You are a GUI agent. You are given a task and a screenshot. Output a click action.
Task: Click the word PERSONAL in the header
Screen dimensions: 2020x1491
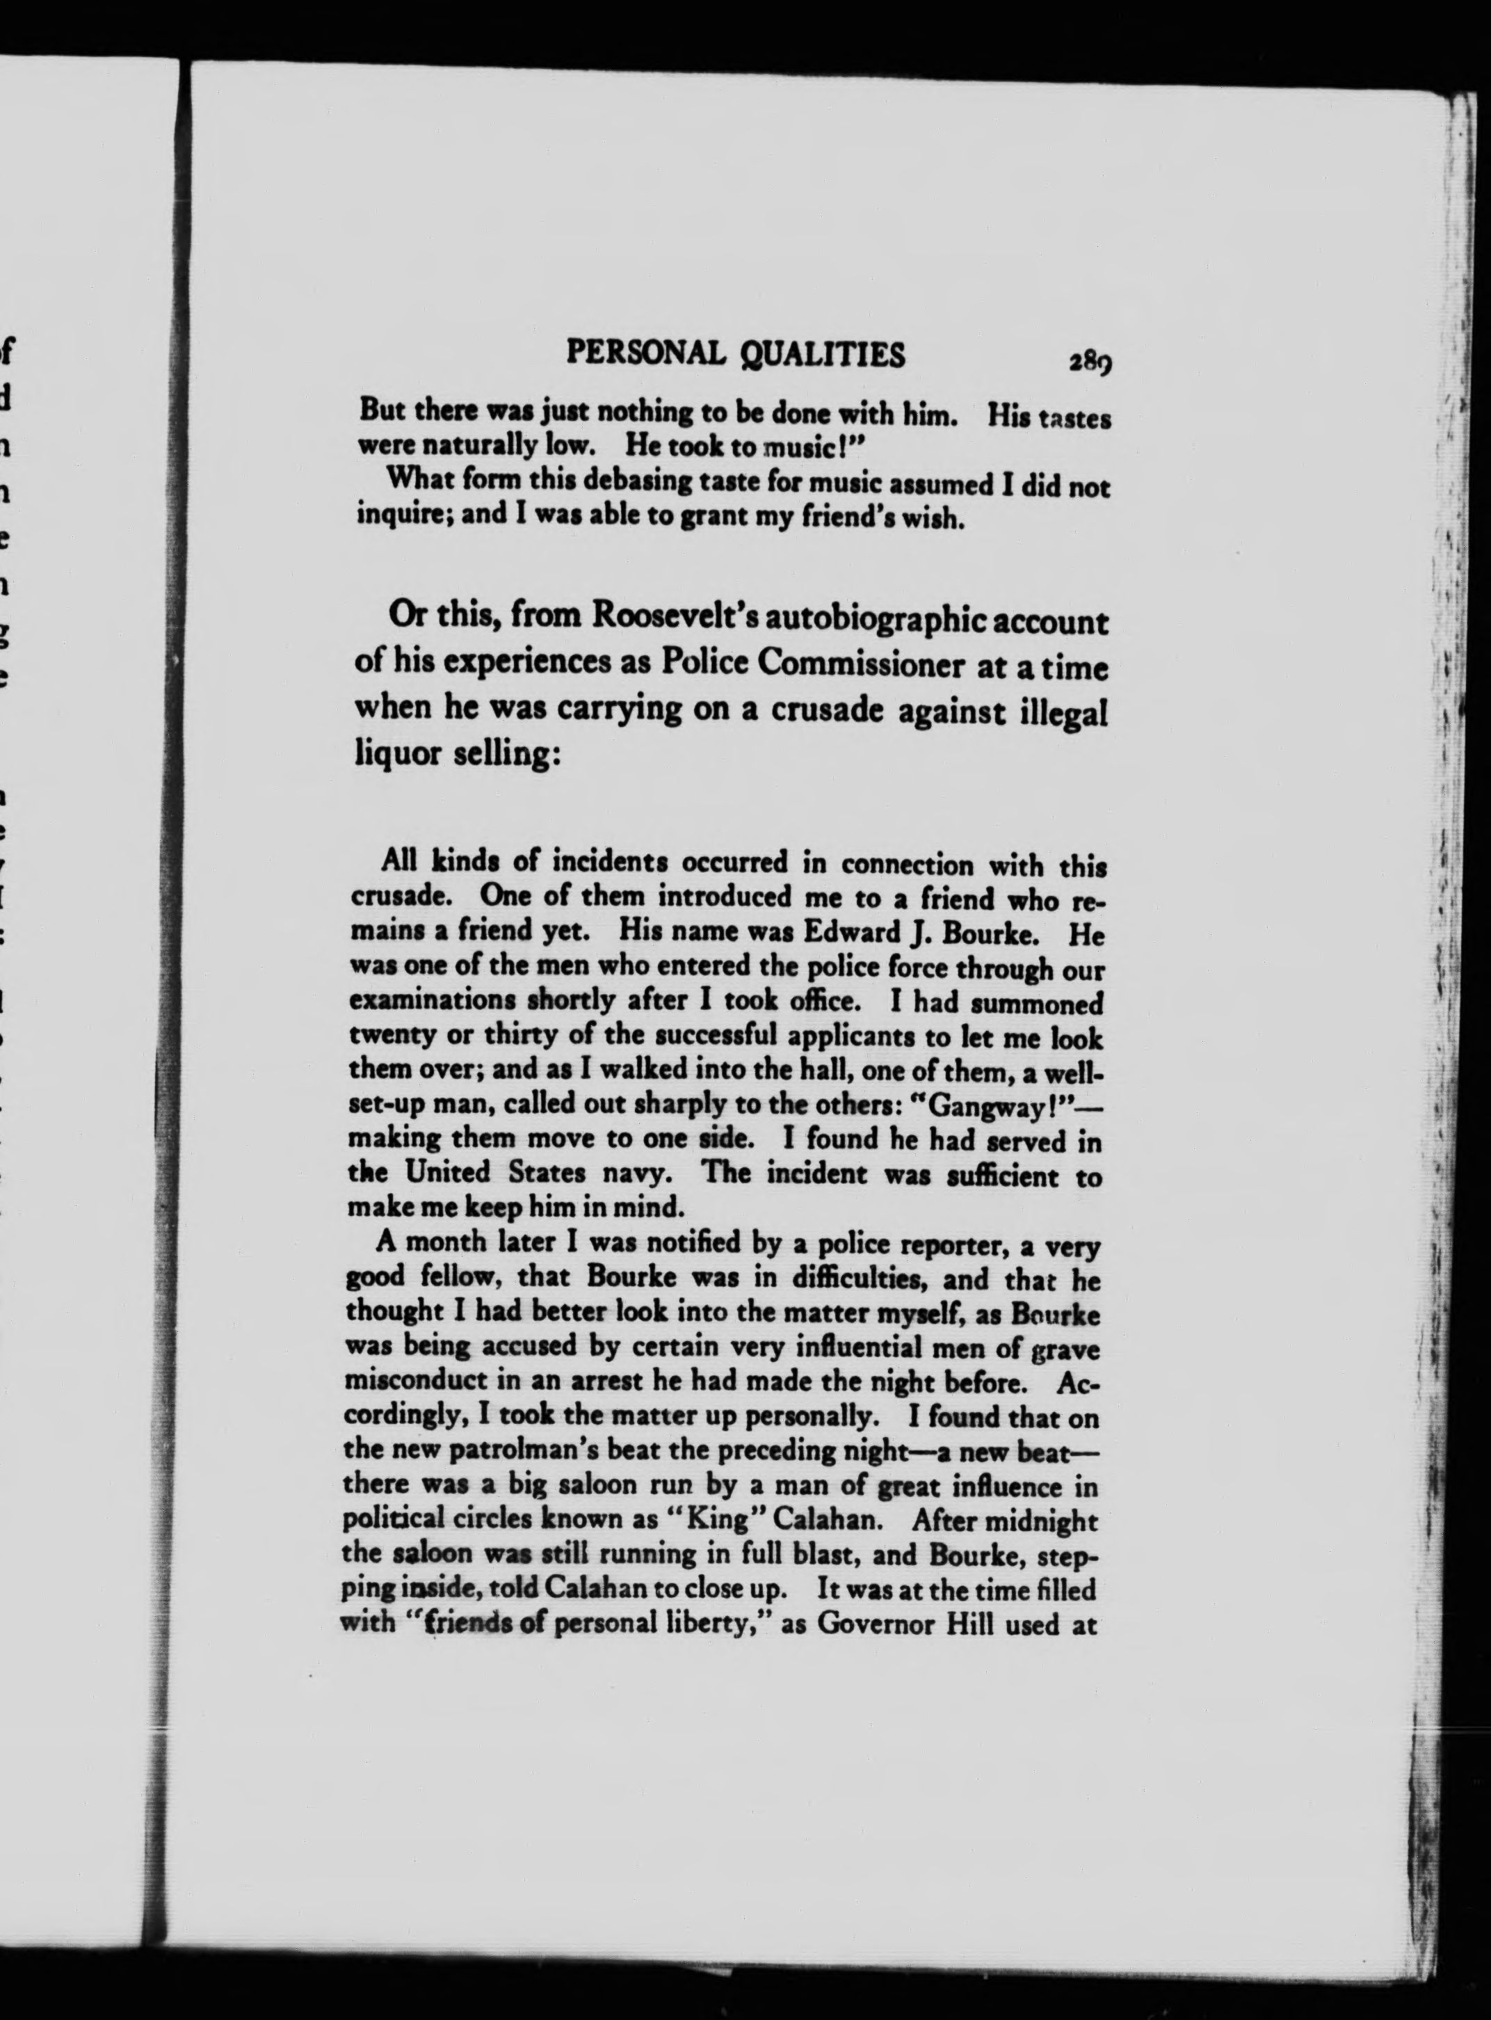pos(645,354)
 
